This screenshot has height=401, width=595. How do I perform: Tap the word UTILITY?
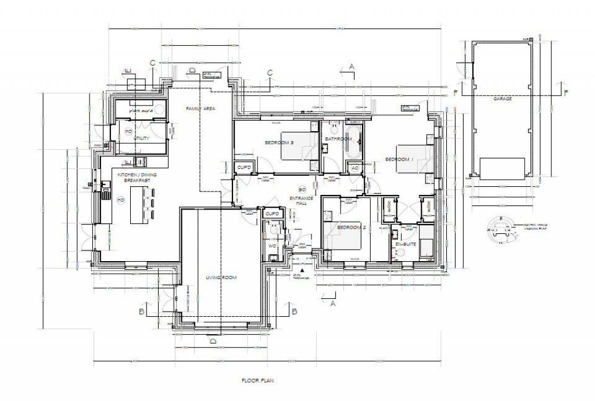click(x=142, y=139)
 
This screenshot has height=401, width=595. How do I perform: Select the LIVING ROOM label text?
click(x=221, y=278)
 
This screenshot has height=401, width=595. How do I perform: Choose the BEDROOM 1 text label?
click(x=399, y=159)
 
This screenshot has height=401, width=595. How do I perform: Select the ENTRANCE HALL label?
click(x=302, y=201)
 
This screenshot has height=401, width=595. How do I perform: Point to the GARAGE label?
click(x=502, y=99)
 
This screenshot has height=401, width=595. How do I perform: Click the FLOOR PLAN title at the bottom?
click(x=257, y=381)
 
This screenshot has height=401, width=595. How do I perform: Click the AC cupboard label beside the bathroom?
click(x=354, y=168)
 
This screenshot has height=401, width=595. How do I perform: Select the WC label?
click(x=271, y=245)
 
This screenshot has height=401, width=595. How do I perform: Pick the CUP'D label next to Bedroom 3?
click(x=243, y=168)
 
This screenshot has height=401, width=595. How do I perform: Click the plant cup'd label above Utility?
click(x=139, y=109)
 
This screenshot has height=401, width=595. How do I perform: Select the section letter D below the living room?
click(x=213, y=341)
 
